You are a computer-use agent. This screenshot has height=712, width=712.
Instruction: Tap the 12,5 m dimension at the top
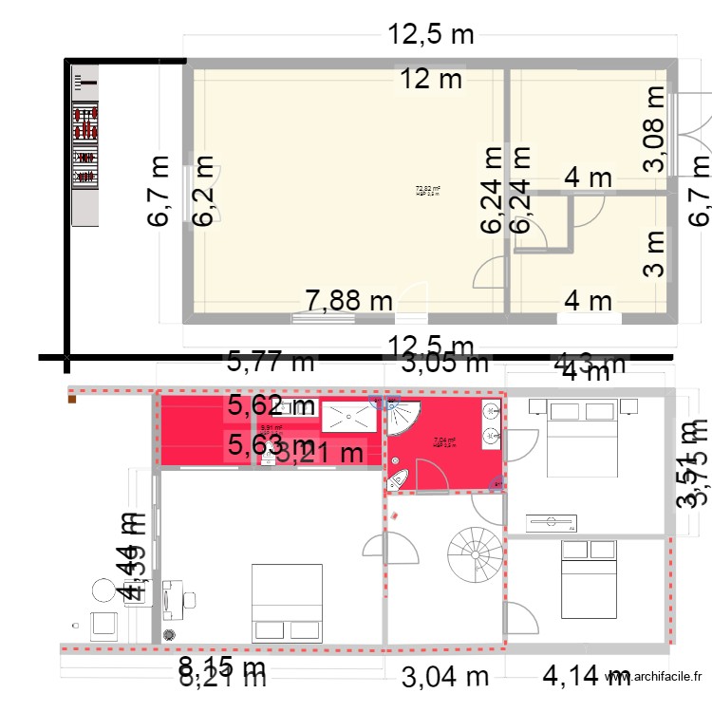[x=430, y=35]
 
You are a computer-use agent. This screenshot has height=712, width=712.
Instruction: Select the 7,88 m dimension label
[x=348, y=301]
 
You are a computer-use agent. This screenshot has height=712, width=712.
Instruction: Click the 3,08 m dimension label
[x=655, y=128]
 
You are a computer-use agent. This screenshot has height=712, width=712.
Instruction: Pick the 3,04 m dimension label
[x=445, y=676]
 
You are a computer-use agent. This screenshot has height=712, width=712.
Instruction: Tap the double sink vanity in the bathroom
[x=492, y=423]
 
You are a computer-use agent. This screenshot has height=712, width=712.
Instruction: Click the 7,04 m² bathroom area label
[x=444, y=441]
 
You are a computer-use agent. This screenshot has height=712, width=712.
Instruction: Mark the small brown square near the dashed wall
[x=71, y=400]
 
